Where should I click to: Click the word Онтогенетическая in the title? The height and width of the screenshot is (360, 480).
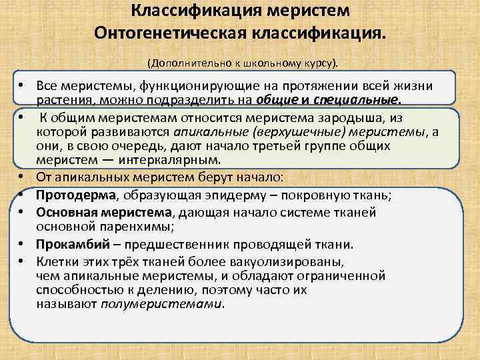[x=165, y=33]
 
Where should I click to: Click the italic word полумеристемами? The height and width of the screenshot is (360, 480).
[x=162, y=304]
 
